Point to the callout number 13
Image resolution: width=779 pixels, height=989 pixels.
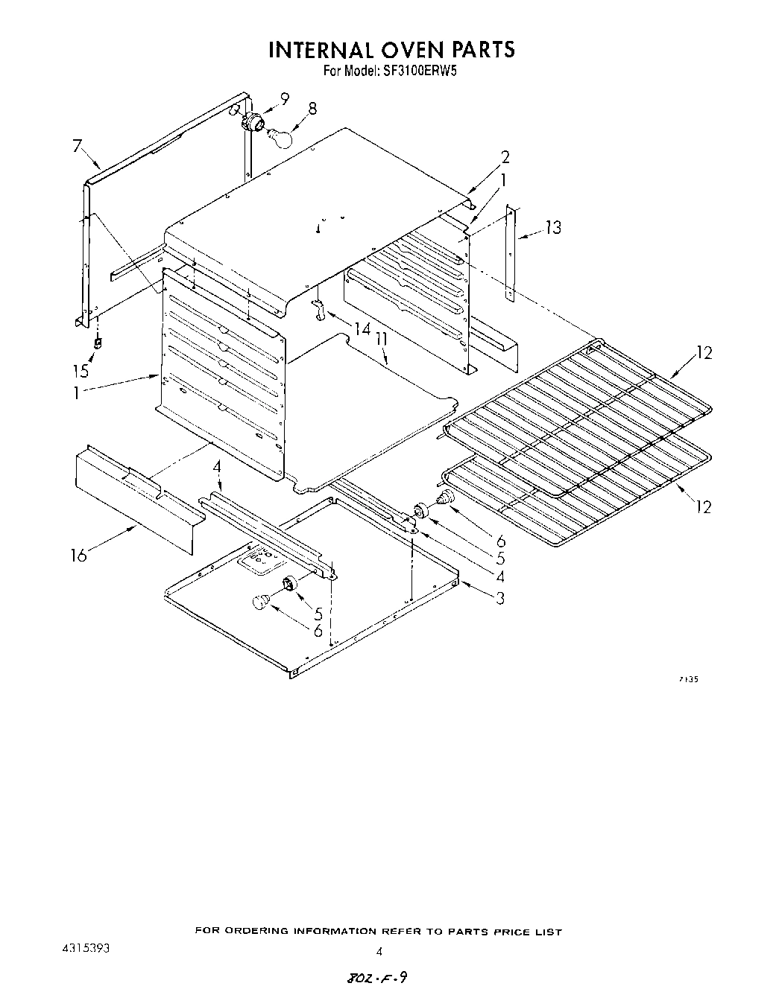(552, 227)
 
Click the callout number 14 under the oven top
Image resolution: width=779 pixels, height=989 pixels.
(362, 328)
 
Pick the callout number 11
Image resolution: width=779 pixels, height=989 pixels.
(382, 340)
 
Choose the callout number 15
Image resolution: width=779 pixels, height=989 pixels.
(80, 371)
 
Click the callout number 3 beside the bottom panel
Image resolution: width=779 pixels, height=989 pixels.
(500, 597)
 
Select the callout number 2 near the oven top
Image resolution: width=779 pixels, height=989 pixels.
(505, 157)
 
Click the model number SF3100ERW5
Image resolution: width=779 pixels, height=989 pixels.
(414, 73)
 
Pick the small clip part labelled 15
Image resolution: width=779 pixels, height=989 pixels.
(98, 343)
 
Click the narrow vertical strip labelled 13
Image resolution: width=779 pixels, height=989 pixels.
(510, 253)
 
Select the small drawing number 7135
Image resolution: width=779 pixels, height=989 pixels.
(688, 678)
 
